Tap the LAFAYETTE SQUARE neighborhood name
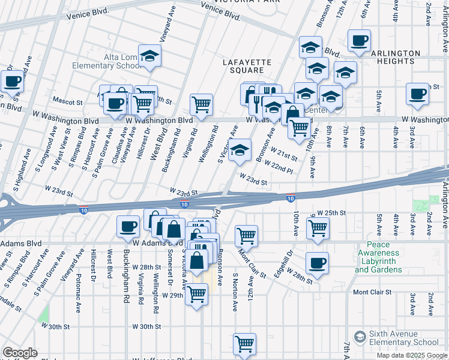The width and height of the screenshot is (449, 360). pos(247,66)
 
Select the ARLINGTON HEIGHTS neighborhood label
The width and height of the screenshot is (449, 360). pos(395,58)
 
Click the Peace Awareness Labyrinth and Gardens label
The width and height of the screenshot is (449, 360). pos(379,257)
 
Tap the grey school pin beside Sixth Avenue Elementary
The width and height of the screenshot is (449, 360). pos(360,337)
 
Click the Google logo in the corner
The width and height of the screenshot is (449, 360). pos(20,353)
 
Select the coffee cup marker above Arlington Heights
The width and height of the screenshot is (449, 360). pos(359,41)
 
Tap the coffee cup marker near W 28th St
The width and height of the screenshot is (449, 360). pos(317,262)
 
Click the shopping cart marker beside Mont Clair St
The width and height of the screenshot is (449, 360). pos(246,236)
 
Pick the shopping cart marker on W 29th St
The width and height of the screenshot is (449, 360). pos(196,295)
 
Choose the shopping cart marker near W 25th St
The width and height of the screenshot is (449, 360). pos(317,227)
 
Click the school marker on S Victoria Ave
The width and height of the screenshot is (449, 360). pos(240,150)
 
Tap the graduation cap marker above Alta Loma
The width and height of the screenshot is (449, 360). pos(149,56)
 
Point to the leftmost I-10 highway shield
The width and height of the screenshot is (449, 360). pos(84,209)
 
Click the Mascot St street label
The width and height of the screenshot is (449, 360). pos(67,103)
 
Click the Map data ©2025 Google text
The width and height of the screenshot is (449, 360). pos(412,355)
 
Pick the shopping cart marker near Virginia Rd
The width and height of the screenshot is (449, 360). pos(202,105)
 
